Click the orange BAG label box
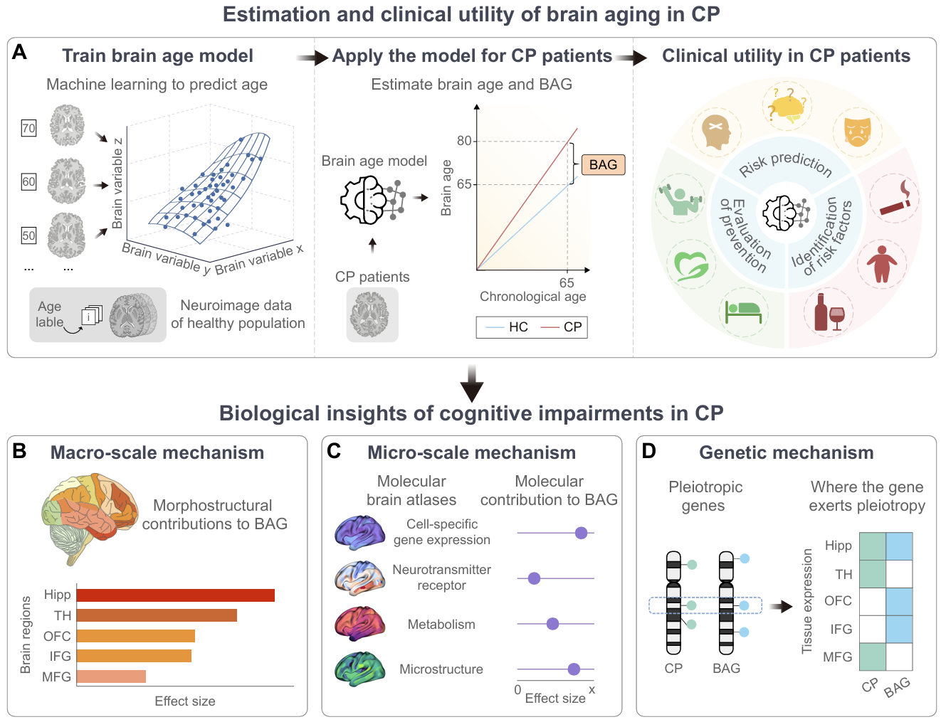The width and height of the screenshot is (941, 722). (603, 165)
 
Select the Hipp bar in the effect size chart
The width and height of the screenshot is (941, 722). (175, 595)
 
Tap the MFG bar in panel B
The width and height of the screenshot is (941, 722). (111, 676)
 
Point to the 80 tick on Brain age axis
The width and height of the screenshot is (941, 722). (464, 141)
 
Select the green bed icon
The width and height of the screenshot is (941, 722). (742, 311)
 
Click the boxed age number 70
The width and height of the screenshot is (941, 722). (28, 129)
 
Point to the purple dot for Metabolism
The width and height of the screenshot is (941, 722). (552, 624)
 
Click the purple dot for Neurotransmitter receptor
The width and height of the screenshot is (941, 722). (534, 578)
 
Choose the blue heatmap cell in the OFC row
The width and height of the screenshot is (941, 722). (899, 601)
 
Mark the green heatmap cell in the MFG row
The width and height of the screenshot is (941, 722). (873, 657)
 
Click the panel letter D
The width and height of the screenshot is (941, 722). (648, 452)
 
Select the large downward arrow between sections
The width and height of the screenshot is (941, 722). (472, 383)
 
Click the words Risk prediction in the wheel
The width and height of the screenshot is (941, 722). (785, 163)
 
